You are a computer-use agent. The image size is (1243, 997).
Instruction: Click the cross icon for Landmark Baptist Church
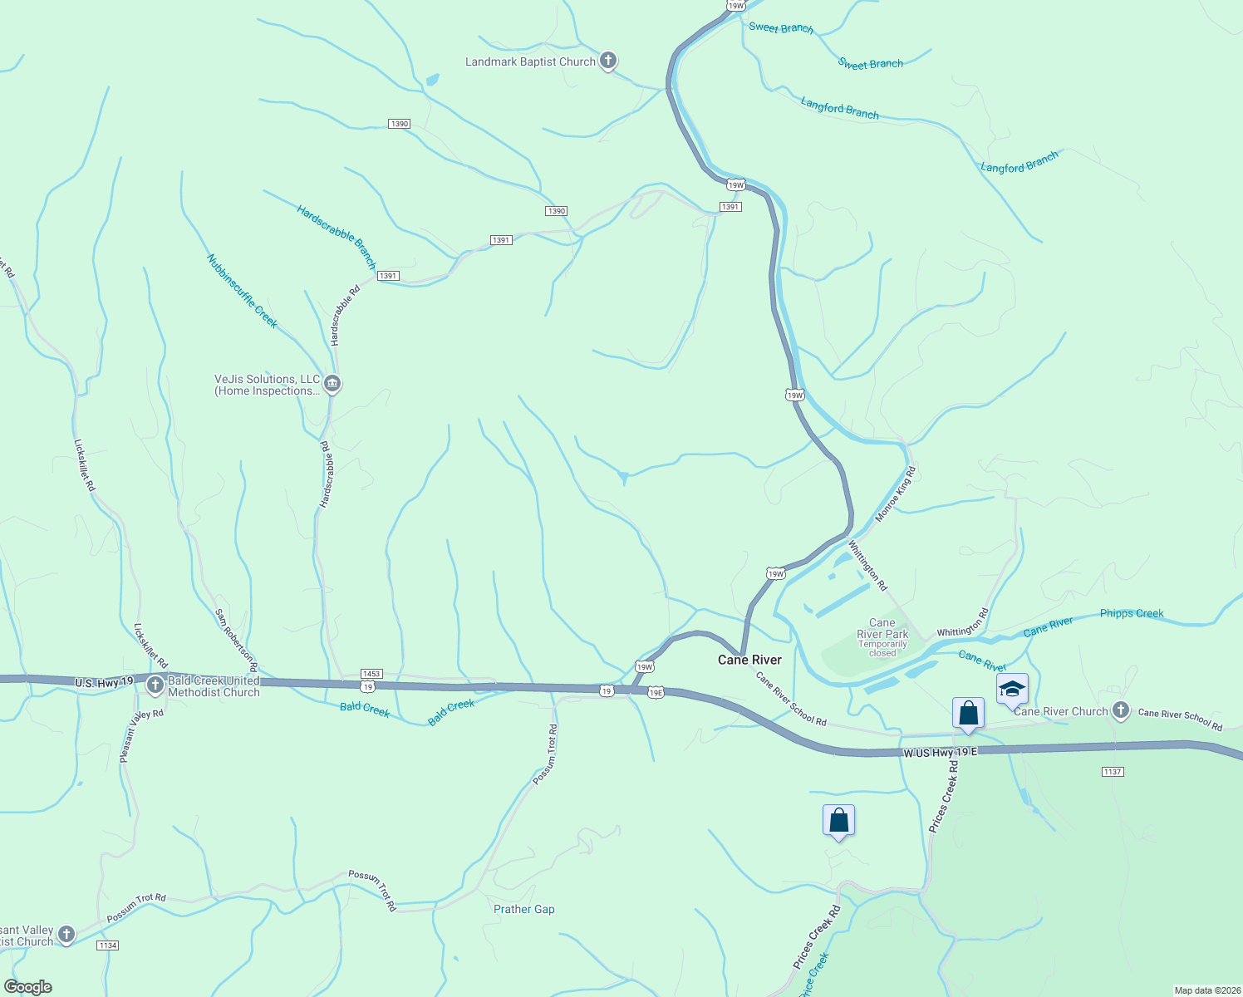pyautogui.click(x=608, y=61)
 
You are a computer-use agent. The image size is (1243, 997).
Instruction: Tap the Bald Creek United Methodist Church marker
pyautogui.click(x=155, y=685)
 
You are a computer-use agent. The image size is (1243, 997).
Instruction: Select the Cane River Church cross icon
pyautogui.click(x=1120, y=710)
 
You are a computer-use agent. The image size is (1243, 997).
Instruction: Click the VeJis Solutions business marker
pyautogui.click(x=332, y=384)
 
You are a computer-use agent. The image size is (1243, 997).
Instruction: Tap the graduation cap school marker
pyautogui.click(x=1012, y=690)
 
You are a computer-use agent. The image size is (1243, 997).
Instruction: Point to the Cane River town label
pyautogui.click(x=749, y=660)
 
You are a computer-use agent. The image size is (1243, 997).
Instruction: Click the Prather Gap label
pyautogui.click(x=523, y=909)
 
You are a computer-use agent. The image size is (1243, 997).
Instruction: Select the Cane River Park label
pyautogui.click(x=882, y=629)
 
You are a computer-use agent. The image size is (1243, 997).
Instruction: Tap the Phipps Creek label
pyautogui.click(x=1132, y=613)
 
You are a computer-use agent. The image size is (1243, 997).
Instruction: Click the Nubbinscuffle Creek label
pyautogui.click(x=242, y=292)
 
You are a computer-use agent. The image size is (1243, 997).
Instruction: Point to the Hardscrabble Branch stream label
pyautogui.click(x=337, y=237)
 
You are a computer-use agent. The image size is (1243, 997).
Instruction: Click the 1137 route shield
pyautogui.click(x=1113, y=772)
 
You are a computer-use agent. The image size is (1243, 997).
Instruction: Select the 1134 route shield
pyautogui.click(x=107, y=945)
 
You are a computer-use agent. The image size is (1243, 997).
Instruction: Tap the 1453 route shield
pyautogui.click(x=371, y=674)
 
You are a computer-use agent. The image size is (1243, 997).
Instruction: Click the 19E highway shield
pyautogui.click(x=656, y=692)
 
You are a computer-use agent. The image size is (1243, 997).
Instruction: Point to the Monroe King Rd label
pyautogui.click(x=895, y=494)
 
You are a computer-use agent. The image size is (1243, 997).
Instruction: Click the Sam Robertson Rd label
pyautogui.click(x=237, y=640)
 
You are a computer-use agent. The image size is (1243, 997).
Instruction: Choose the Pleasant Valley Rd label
pyautogui.click(x=141, y=736)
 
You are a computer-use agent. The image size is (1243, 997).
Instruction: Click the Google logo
pyautogui.click(x=27, y=987)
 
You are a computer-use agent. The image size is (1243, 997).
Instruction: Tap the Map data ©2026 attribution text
pyautogui.click(x=1206, y=990)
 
